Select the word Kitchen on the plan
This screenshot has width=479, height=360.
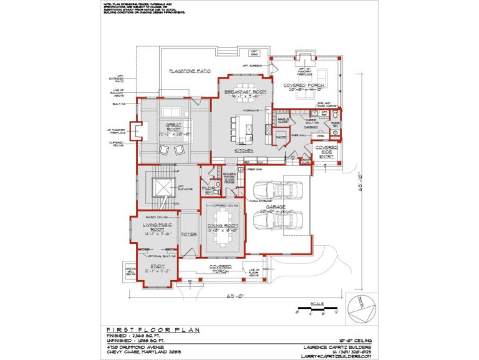(x=243, y=150)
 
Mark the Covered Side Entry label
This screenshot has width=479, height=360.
(x=326, y=152)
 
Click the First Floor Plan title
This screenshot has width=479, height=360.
(x=140, y=329)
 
